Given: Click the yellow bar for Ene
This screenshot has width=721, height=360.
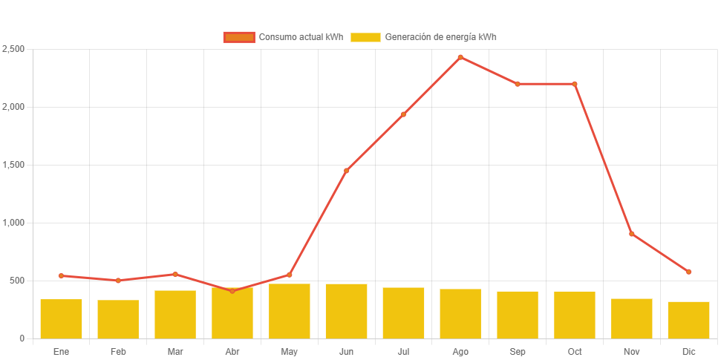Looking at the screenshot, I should [x=61, y=318].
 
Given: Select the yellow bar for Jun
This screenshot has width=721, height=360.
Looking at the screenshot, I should [x=346, y=311].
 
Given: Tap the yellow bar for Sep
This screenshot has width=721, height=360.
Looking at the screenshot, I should [x=518, y=315].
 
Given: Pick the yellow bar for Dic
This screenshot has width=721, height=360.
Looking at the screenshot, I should [x=688, y=320].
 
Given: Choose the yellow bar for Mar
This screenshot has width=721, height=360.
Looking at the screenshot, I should [x=175, y=314].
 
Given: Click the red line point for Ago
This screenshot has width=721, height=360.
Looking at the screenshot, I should [x=460, y=57].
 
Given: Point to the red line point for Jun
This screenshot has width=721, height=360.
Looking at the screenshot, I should [x=346, y=171].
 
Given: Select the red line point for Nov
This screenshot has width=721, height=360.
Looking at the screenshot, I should [x=631, y=234].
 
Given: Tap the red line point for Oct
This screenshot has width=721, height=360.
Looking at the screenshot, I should [x=575, y=84].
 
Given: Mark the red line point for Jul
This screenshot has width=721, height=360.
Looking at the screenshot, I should [x=403, y=114].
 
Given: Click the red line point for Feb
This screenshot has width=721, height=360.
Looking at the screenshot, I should [x=118, y=281].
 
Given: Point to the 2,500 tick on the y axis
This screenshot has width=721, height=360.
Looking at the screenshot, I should [x=14, y=49].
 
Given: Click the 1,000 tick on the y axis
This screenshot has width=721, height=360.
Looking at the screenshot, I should [x=14, y=223].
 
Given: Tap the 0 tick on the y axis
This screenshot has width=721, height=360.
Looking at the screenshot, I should [x=22, y=338].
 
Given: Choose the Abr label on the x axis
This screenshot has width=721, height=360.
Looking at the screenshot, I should [x=232, y=351].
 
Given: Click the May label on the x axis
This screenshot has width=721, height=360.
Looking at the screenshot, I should [x=289, y=351].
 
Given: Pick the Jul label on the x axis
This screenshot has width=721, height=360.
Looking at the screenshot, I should [x=403, y=351].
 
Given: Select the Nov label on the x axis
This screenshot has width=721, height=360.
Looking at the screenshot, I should [x=631, y=351].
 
